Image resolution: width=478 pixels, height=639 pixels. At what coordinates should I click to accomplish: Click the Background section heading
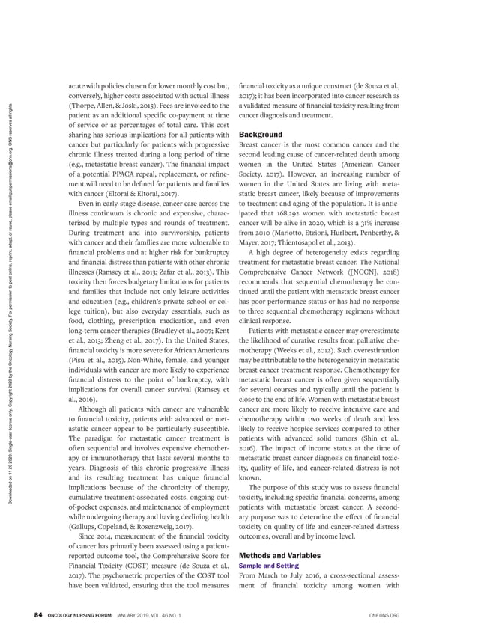coord(261,134)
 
